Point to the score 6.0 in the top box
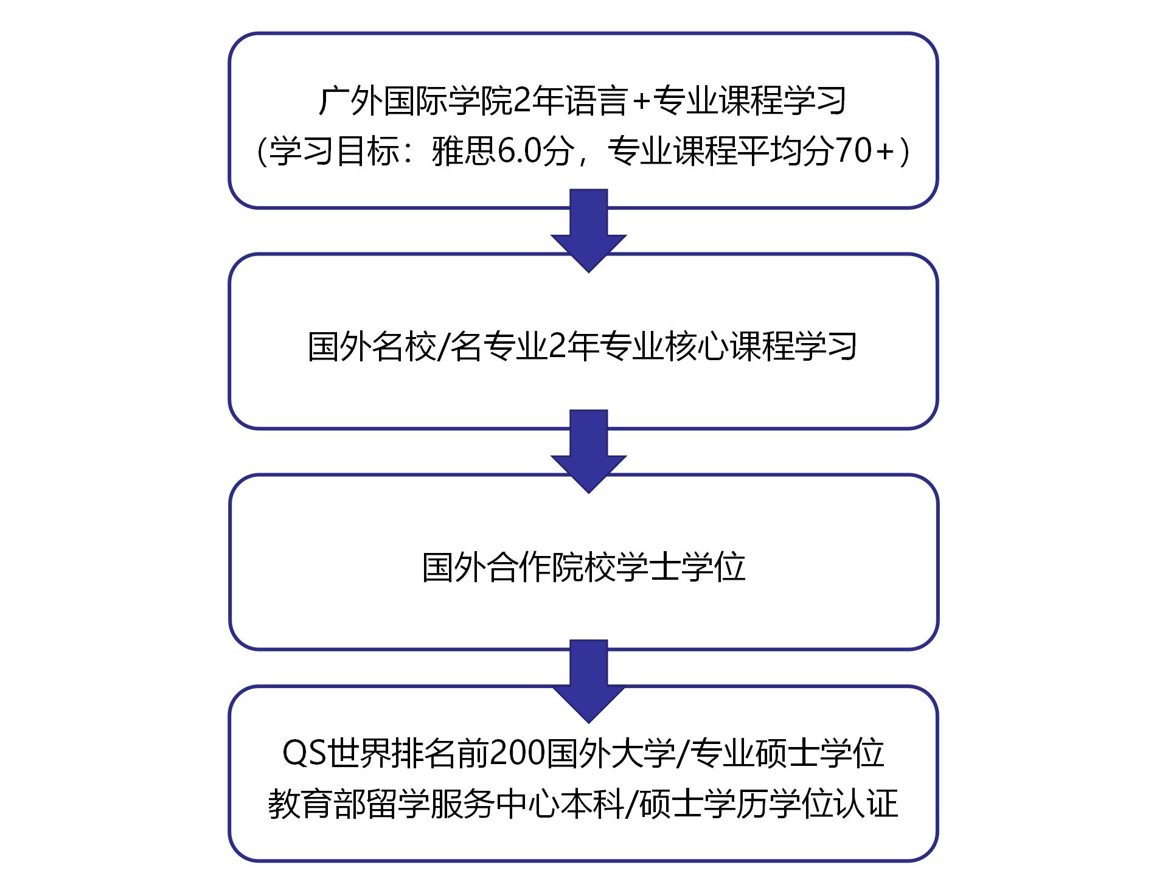pos(519,151)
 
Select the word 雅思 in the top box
pos(464,151)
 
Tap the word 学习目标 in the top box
pos(333,151)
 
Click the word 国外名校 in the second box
pos(372,347)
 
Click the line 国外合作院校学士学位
pos(584,567)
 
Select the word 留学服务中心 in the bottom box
pos(464,803)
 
